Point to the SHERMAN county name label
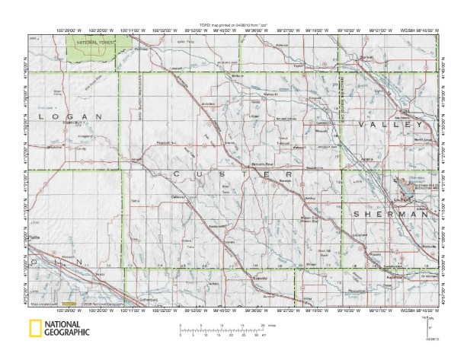[x=388, y=215]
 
